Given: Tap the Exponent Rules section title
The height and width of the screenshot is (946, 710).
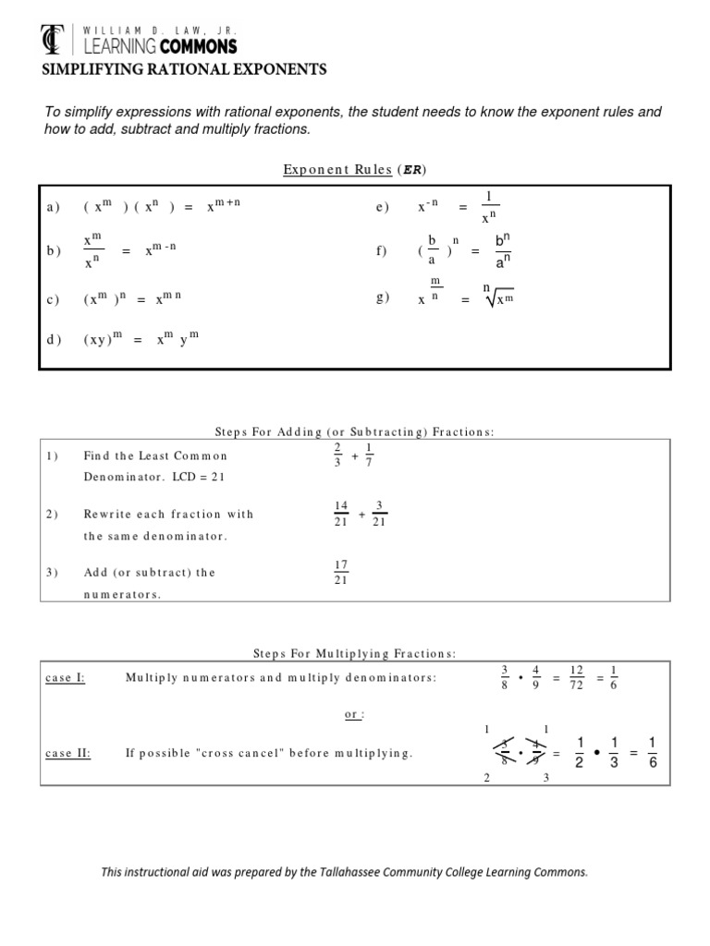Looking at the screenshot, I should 354,169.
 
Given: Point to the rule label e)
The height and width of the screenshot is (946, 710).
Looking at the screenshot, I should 383,208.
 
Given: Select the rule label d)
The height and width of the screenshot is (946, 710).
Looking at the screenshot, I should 53,340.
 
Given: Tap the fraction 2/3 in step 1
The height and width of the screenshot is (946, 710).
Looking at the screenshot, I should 337,455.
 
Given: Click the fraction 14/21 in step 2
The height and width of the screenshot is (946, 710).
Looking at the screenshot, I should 339,514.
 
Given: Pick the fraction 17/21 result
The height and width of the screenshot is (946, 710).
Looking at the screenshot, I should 339,572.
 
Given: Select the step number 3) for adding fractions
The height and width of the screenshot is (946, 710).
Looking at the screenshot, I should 52,572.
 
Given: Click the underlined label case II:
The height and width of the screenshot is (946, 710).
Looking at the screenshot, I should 67,753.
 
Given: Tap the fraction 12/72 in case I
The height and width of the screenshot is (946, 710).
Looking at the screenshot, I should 576,677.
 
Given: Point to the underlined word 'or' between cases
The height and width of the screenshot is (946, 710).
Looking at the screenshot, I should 354,714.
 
